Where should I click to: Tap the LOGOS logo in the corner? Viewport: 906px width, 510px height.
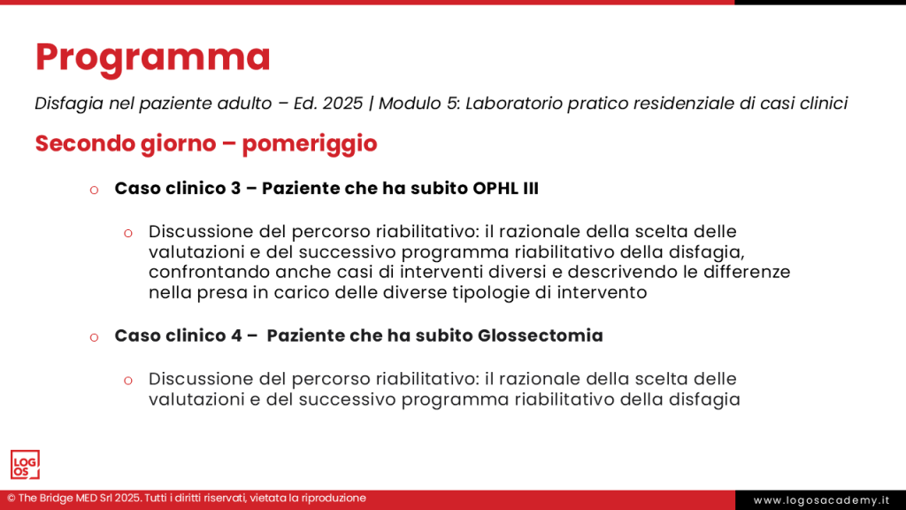25,465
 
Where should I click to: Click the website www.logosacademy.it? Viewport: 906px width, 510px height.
821,500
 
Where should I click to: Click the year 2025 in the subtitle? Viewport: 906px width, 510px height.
342,104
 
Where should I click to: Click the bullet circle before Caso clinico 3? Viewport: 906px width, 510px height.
94,189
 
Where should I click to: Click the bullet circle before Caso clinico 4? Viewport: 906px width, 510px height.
94,336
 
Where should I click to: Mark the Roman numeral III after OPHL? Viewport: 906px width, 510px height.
530,189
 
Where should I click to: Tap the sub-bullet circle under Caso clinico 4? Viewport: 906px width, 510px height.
128,380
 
